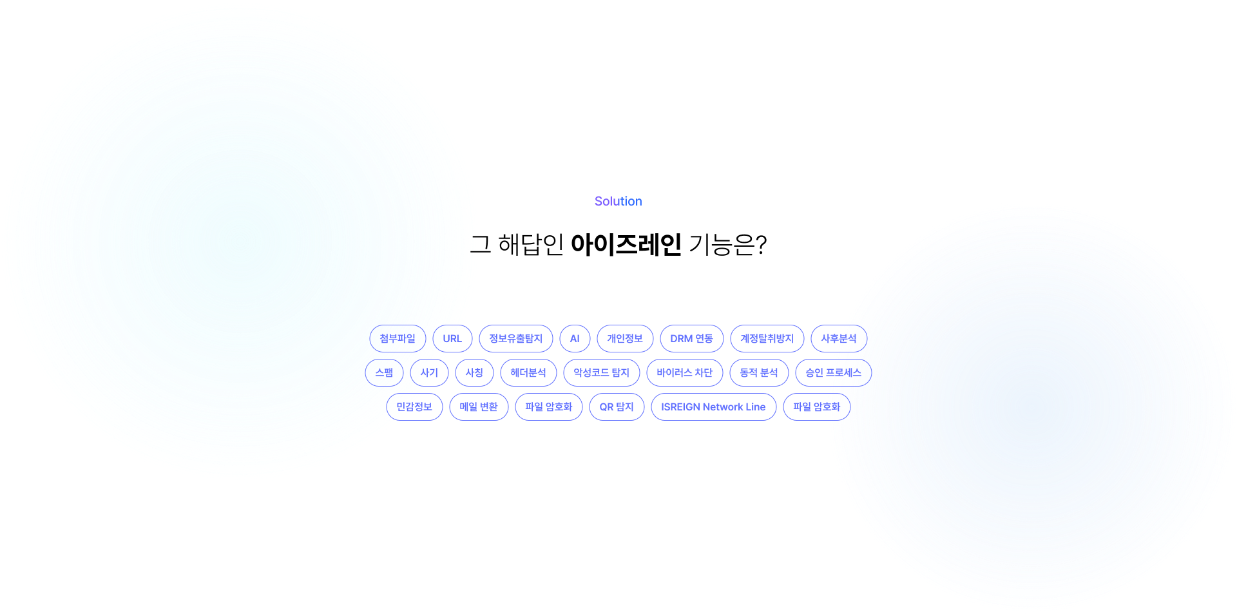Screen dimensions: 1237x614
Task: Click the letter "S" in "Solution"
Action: (x=599, y=201)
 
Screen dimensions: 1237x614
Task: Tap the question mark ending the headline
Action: (x=761, y=244)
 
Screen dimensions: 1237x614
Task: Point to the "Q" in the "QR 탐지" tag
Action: (x=603, y=407)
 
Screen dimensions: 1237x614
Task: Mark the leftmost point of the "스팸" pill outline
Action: (x=365, y=372)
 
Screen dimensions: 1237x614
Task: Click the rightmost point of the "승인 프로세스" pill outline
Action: (x=872, y=372)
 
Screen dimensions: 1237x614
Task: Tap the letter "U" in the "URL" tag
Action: (x=446, y=339)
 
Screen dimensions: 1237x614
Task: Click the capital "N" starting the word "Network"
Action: (x=707, y=407)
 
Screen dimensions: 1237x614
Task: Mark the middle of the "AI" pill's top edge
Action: (x=575, y=325)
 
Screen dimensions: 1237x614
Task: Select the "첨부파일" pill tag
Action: (x=398, y=338)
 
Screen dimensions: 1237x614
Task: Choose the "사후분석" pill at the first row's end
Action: (x=839, y=338)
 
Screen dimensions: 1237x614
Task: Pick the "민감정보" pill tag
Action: (x=414, y=407)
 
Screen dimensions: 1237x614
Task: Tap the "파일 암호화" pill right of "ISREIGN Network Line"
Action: (x=817, y=407)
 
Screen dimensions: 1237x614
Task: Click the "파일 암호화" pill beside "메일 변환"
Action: (x=549, y=407)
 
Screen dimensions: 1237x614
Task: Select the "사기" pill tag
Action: (x=429, y=372)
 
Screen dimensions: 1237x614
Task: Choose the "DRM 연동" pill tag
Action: (x=692, y=338)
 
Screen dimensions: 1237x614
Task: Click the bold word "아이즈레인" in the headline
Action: (x=626, y=244)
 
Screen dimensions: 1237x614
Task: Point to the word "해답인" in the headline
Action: (x=532, y=244)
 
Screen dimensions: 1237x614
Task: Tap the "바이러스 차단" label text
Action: (x=685, y=372)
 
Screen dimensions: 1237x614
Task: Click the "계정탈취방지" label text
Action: (x=767, y=338)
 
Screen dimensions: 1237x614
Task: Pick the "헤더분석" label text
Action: (x=528, y=372)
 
